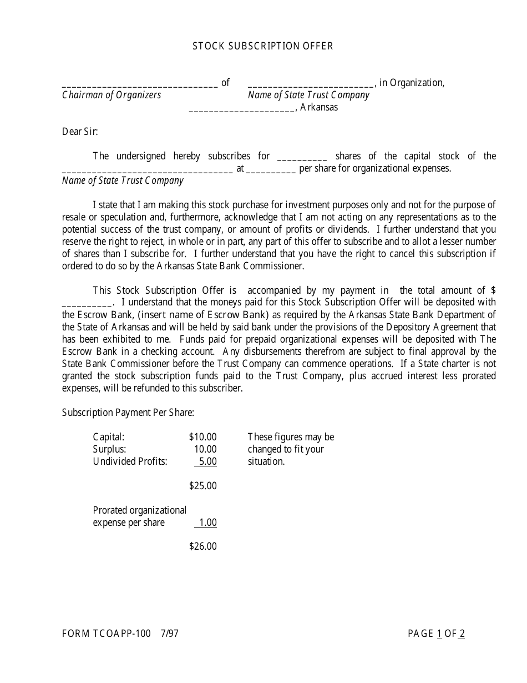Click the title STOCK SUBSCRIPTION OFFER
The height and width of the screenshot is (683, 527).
point(263,46)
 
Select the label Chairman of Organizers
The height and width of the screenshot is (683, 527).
point(112,95)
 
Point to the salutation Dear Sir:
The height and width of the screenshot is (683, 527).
point(80,132)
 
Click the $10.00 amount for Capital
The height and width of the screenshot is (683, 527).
point(202,437)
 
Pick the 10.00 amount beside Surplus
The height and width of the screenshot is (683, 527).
point(205,449)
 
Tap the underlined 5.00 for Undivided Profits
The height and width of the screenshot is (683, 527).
point(207,461)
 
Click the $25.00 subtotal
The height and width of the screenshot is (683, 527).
point(202,486)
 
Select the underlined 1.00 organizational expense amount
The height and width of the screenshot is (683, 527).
point(207,523)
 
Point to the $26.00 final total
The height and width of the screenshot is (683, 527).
point(202,546)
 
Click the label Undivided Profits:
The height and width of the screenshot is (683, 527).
point(130,461)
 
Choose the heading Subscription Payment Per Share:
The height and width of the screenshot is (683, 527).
point(128,413)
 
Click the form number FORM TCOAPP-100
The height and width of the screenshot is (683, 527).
point(106,634)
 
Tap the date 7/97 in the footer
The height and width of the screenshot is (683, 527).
point(170,634)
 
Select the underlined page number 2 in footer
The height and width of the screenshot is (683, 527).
point(462,634)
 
